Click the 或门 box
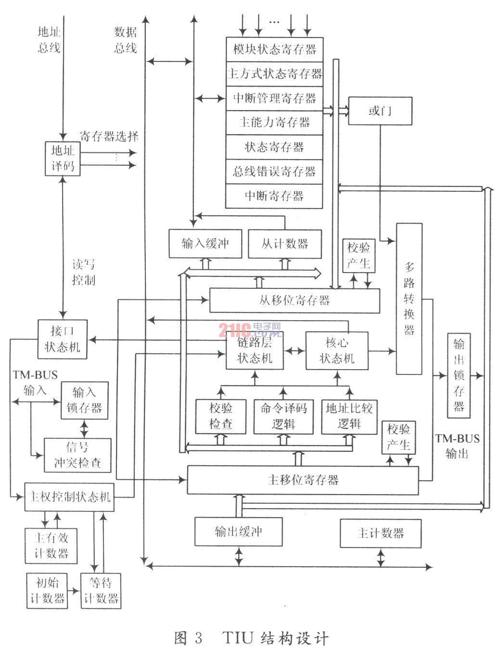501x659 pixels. click(x=380, y=111)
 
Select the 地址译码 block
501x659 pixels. click(x=63, y=159)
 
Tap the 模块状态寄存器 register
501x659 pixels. click(x=274, y=49)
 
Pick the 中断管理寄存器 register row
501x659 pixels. click(x=274, y=98)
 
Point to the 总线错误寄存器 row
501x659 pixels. click(x=274, y=172)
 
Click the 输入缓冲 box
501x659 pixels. click(x=206, y=244)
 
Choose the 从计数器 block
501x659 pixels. click(x=285, y=244)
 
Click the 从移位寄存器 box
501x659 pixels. click(x=295, y=300)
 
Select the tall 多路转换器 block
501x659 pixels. click(x=409, y=298)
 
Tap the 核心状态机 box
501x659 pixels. click(x=337, y=350)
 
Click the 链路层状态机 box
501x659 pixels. click(x=255, y=350)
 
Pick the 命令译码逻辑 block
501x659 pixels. click(x=283, y=416)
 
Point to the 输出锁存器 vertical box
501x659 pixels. click(x=459, y=375)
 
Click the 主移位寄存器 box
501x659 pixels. click(x=303, y=480)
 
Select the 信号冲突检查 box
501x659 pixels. click(x=77, y=455)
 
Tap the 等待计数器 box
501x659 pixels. click(x=101, y=591)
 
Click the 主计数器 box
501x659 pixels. click(x=381, y=534)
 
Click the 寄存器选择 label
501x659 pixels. click(x=109, y=137)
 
